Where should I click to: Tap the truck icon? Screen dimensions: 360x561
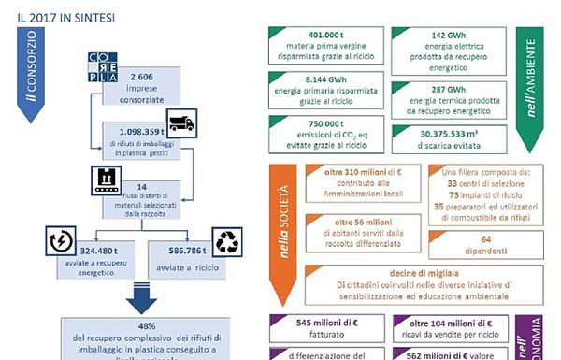[x=181, y=122]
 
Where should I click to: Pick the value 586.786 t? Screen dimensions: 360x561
[x=182, y=250]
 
